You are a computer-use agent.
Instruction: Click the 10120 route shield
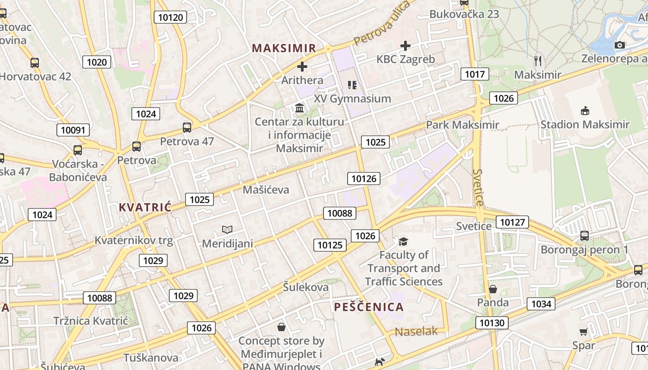[x=171, y=18]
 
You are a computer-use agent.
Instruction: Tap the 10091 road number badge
[x=73, y=130]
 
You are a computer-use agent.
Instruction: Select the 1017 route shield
[x=474, y=74]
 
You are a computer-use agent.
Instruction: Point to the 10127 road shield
[x=512, y=222]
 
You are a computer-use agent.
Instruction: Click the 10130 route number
[x=492, y=323]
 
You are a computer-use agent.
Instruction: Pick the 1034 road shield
[x=541, y=304]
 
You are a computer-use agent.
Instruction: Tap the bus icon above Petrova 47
[x=187, y=128]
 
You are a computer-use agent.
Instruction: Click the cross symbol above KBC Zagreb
[x=405, y=45]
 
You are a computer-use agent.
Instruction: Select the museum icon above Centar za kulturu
[x=299, y=108]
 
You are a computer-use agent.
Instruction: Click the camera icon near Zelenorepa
[x=619, y=45]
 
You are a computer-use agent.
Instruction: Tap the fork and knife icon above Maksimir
[x=537, y=61]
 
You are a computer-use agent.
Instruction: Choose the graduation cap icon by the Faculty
[x=404, y=241]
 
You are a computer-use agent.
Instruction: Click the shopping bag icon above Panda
[x=493, y=289]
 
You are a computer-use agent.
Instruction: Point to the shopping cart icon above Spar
[x=583, y=332]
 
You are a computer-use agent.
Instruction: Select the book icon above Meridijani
[x=227, y=229]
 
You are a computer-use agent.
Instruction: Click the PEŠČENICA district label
[x=369, y=307]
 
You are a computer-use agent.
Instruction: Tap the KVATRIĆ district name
[x=145, y=207]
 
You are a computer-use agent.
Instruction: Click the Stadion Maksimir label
[x=585, y=124]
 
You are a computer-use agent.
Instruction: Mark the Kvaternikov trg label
[x=134, y=240]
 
